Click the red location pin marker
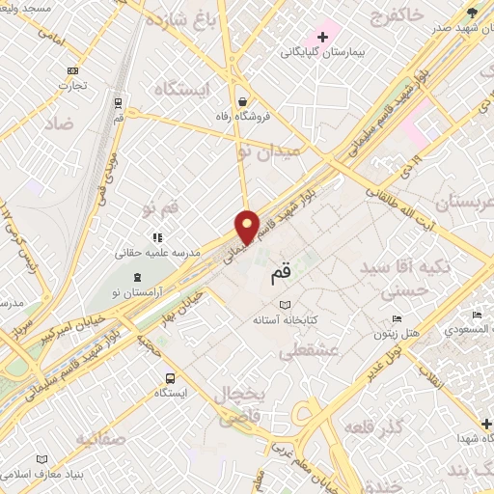pyautogui.click(x=248, y=226)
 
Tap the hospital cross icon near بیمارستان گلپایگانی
pyautogui.click(x=323, y=37)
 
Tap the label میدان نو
pyautogui.click(x=269, y=150)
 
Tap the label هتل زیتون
pyautogui.click(x=397, y=335)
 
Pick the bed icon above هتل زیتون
pyautogui.click(x=397, y=319)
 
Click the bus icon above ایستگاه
pyautogui.click(x=171, y=378)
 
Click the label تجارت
pyautogui.click(x=74, y=86)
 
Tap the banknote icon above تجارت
pyautogui.click(x=73, y=70)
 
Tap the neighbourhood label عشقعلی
pyautogui.click(x=308, y=351)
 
